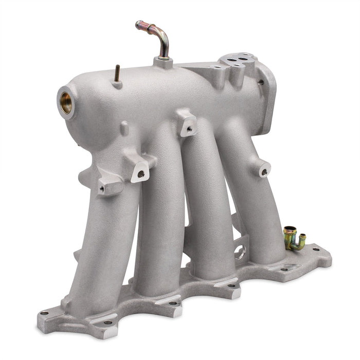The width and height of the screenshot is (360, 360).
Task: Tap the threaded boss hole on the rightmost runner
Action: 263,172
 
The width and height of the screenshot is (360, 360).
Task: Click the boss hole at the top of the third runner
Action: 189,130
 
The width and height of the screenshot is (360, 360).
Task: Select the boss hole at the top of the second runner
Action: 140,174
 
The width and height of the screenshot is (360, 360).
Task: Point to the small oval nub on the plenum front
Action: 124,128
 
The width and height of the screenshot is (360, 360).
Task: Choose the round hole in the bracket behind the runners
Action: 239,253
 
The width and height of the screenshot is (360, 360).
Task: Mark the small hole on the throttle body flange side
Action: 261,82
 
